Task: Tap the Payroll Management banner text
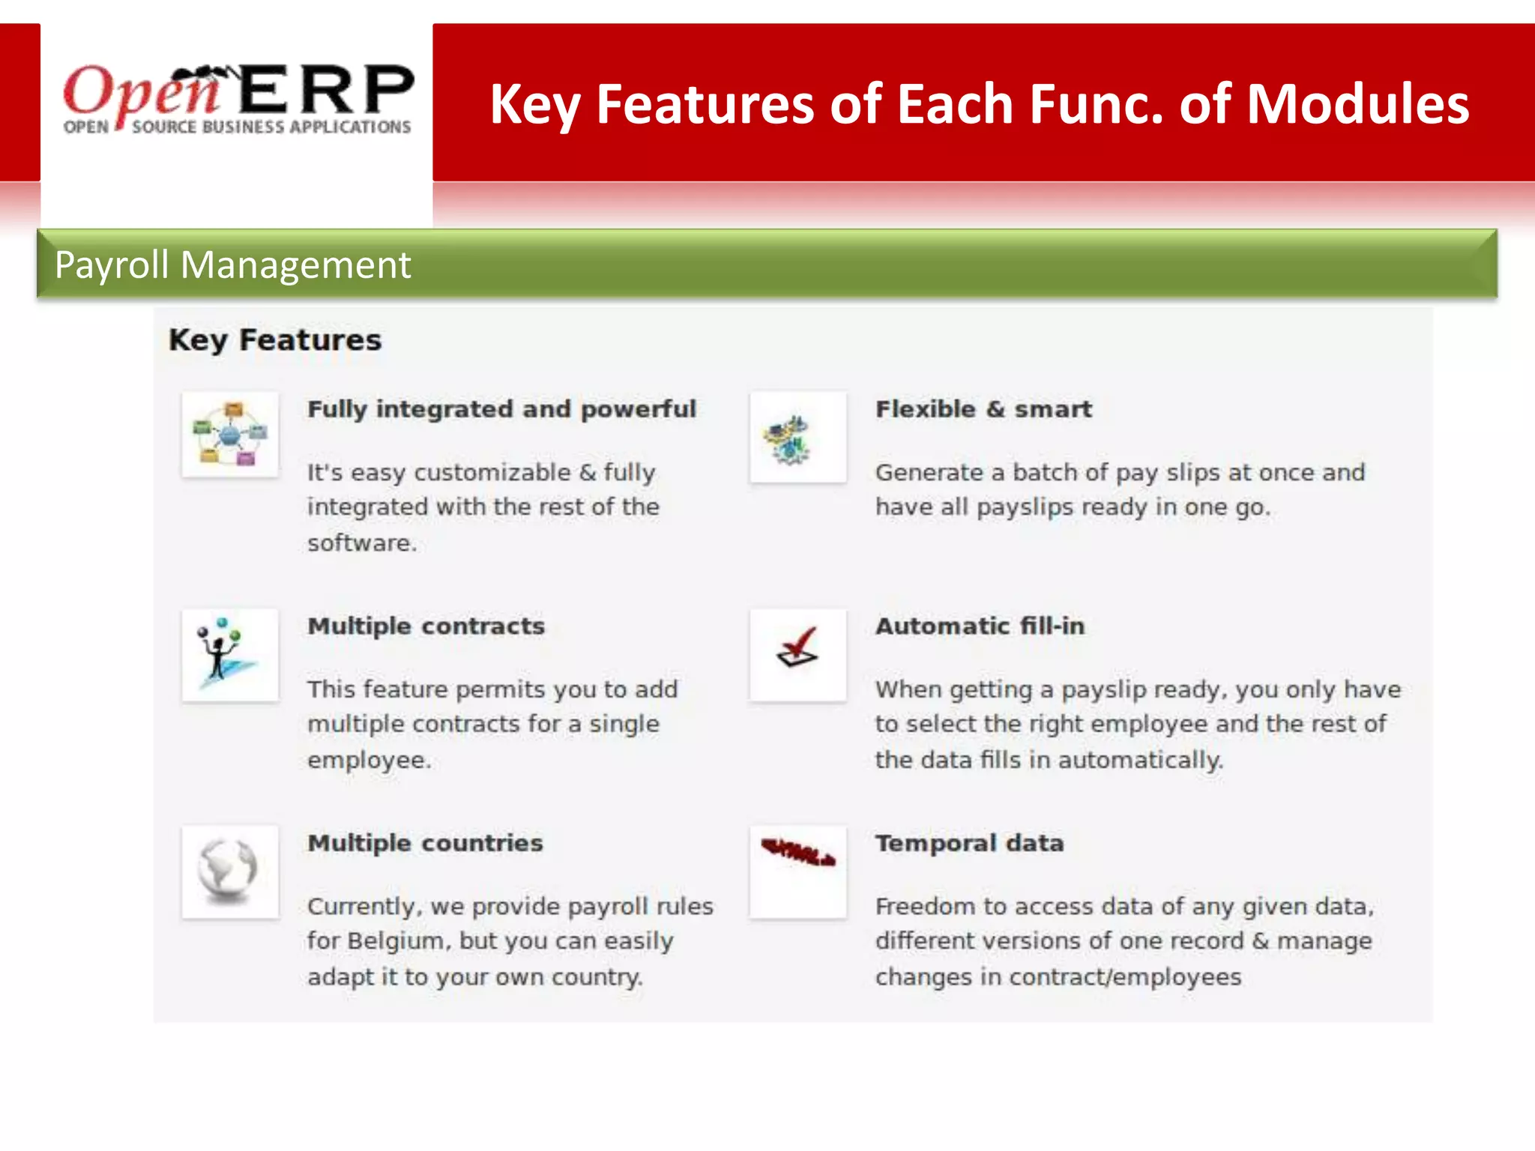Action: [x=232, y=265]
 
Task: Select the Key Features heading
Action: [x=275, y=340]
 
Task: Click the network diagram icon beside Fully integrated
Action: [x=230, y=435]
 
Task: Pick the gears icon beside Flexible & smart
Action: [x=797, y=438]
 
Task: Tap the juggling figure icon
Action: [x=229, y=654]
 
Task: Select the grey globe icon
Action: [x=229, y=871]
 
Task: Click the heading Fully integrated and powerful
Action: [x=501, y=409]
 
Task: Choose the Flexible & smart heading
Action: [x=983, y=409]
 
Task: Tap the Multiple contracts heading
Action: [x=426, y=626]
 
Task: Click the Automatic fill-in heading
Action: [x=980, y=626]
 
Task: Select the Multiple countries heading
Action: [x=425, y=843]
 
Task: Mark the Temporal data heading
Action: [x=969, y=843]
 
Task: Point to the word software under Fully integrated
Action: [x=361, y=543]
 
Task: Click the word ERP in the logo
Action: [x=327, y=90]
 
